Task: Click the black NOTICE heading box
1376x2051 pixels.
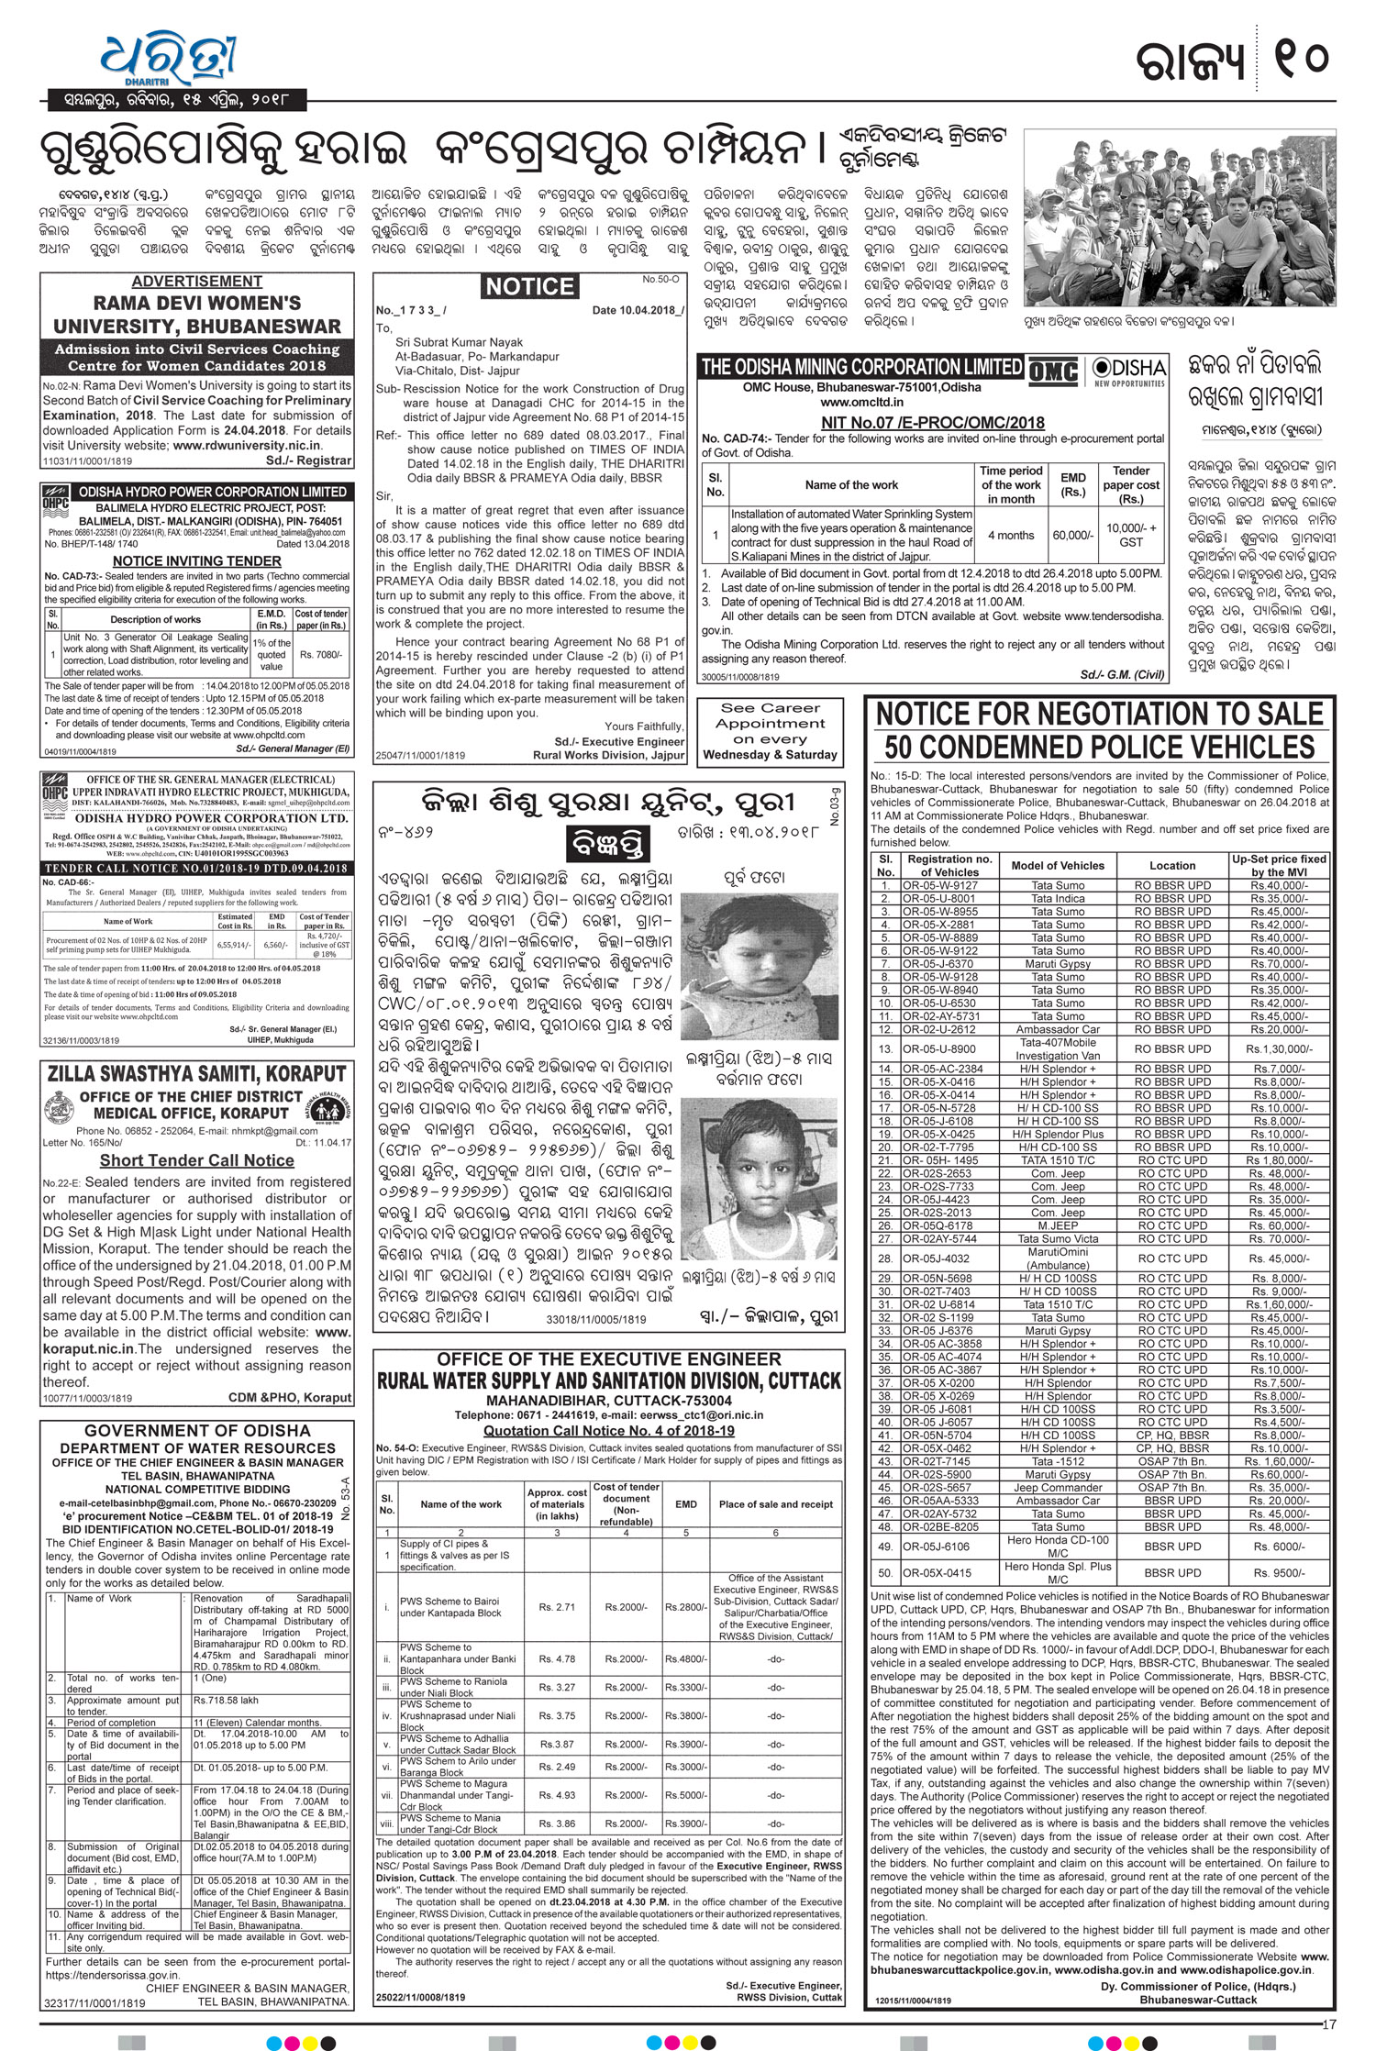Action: pyautogui.click(x=530, y=287)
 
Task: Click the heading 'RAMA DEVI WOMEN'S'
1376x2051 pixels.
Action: pyautogui.click(x=196, y=304)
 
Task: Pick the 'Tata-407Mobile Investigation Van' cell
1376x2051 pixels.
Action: pyautogui.click(x=1057, y=1048)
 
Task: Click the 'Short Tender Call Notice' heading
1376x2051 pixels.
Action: pyautogui.click(x=196, y=1160)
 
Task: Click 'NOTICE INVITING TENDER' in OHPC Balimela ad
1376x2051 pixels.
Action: pyautogui.click(x=196, y=560)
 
